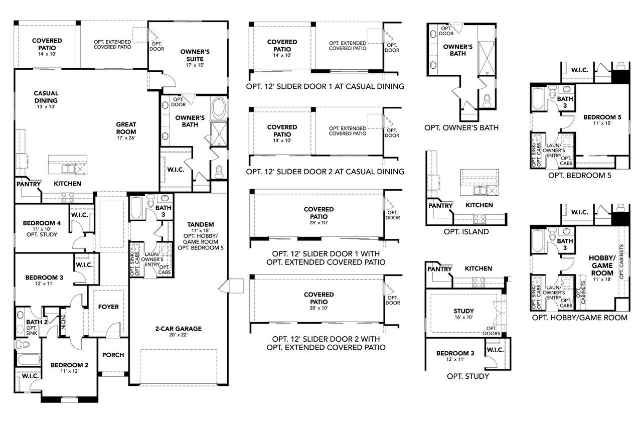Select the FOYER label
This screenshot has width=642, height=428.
coord(108,307)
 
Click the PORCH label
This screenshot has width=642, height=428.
coord(113,355)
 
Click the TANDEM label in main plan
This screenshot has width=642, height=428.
coord(200,224)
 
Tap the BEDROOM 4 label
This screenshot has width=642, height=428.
coord(42,223)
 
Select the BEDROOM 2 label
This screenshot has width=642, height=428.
coord(69,365)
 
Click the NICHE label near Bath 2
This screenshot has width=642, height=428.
coord(63,322)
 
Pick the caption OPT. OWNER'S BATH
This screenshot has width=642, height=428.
coord(461,127)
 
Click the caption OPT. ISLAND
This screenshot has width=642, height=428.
coord(466,232)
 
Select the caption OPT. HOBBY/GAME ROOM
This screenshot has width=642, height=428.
coord(580,317)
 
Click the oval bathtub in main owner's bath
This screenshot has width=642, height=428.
coord(219,107)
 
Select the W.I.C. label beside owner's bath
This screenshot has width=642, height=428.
coord(175,170)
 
